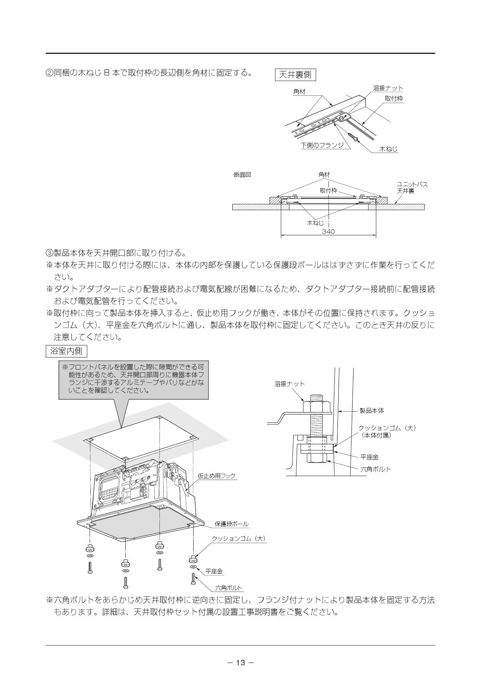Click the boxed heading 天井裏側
[x=295, y=74]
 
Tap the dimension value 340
[x=328, y=231]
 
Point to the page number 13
[x=240, y=663]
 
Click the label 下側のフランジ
[x=322, y=145]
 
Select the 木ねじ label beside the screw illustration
[x=388, y=149]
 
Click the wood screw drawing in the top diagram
[x=353, y=137]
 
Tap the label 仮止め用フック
[x=216, y=476]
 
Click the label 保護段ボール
[x=232, y=524]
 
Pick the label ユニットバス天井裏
[x=412, y=188]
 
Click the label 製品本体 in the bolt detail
[x=372, y=411]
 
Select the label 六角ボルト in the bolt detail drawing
[x=375, y=469]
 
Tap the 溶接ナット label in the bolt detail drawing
[x=289, y=384]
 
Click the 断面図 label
[x=242, y=175]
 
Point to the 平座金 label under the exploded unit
[x=214, y=571]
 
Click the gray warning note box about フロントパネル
[x=133, y=380]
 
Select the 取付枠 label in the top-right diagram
[x=394, y=99]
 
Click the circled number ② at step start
[x=50, y=73]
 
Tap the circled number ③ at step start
[x=50, y=253]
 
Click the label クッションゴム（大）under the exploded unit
[x=239, y=538]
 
